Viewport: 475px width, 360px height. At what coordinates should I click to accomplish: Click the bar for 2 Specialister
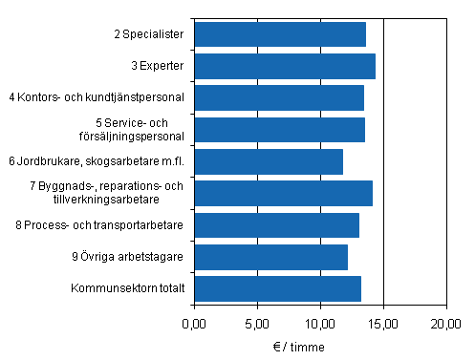click(280, 34)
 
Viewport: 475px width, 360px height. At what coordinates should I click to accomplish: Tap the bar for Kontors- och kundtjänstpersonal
click(279, 97)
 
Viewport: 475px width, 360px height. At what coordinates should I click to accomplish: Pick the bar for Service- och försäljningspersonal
click(279, 129)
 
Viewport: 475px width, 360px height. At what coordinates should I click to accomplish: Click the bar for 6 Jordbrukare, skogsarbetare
click(269, 161)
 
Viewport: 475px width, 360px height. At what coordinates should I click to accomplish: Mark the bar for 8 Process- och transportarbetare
click(276, 225)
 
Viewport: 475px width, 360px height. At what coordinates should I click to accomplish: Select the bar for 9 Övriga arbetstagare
click(270, 257)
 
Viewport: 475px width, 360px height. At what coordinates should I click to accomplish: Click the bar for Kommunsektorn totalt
click(277, 288)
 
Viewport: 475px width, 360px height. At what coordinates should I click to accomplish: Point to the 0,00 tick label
click(194, 323)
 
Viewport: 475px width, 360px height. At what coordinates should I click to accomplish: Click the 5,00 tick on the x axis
click(257, 323)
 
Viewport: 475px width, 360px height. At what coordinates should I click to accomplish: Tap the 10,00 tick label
click(320, 323)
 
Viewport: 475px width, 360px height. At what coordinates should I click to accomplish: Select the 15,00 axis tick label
click(383, 323)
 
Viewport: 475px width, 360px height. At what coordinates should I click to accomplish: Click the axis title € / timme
click(320, 344)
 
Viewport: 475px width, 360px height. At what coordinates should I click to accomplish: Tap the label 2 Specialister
click(150, 34)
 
